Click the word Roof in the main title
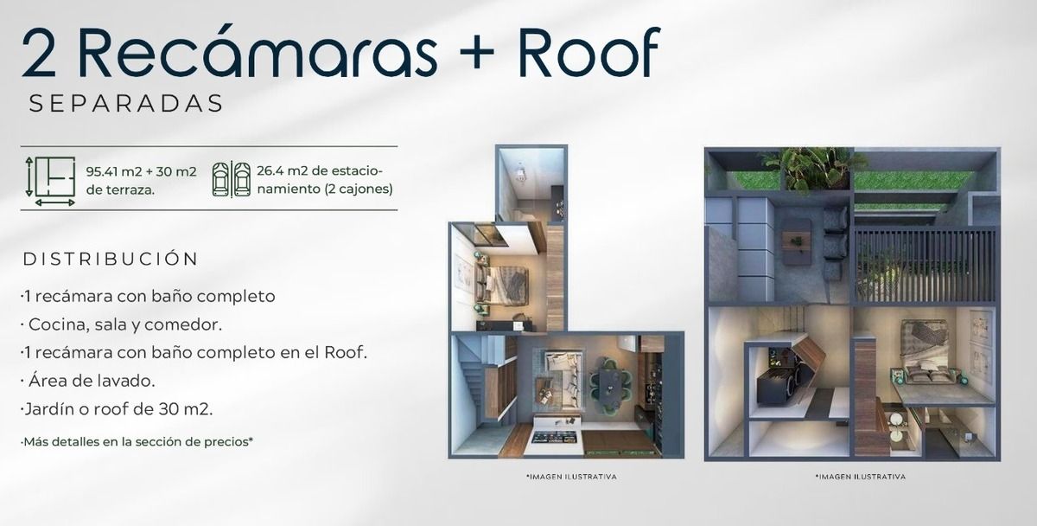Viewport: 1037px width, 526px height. (588, 52)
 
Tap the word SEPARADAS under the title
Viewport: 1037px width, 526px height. (126, 103)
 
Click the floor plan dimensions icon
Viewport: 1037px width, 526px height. (50, 181)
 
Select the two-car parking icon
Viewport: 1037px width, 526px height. (231, 179)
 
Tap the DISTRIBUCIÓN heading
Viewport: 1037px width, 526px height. (111, 259)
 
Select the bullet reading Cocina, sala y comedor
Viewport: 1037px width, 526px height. (121, 324)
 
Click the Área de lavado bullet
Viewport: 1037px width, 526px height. (88, 381)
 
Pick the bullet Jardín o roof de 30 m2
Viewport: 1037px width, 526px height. (117, 409)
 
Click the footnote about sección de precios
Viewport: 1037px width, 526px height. (137, 442)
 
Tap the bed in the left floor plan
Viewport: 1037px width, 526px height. (502, 285)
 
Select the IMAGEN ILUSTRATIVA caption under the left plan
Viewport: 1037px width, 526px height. (571, 477)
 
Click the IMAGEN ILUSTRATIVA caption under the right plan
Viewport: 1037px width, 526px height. (861, 477)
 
